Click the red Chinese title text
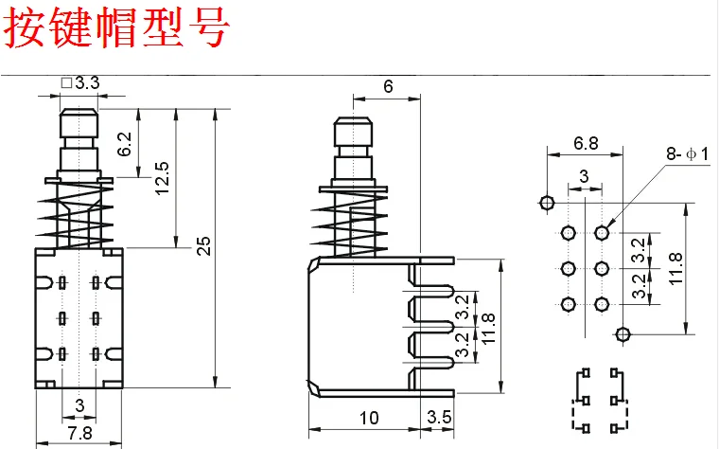118,28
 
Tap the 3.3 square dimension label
80,83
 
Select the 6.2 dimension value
124,144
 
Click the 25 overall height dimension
202,246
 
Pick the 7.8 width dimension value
79,433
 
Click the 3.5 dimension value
439,418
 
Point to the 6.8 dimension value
586,144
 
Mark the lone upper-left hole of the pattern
547,203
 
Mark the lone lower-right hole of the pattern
623,334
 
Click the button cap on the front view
79,124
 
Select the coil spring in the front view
79,212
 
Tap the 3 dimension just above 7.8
79,406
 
